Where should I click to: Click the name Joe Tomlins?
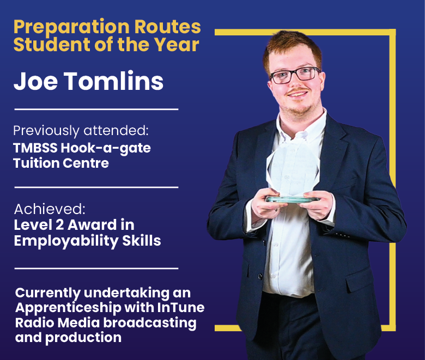(88, 82)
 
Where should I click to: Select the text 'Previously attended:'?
(81, 131)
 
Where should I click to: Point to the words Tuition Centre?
(61, 163)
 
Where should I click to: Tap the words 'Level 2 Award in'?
(74, 224)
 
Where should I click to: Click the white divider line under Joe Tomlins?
(96, 109)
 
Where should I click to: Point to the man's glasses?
(294, 75)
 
